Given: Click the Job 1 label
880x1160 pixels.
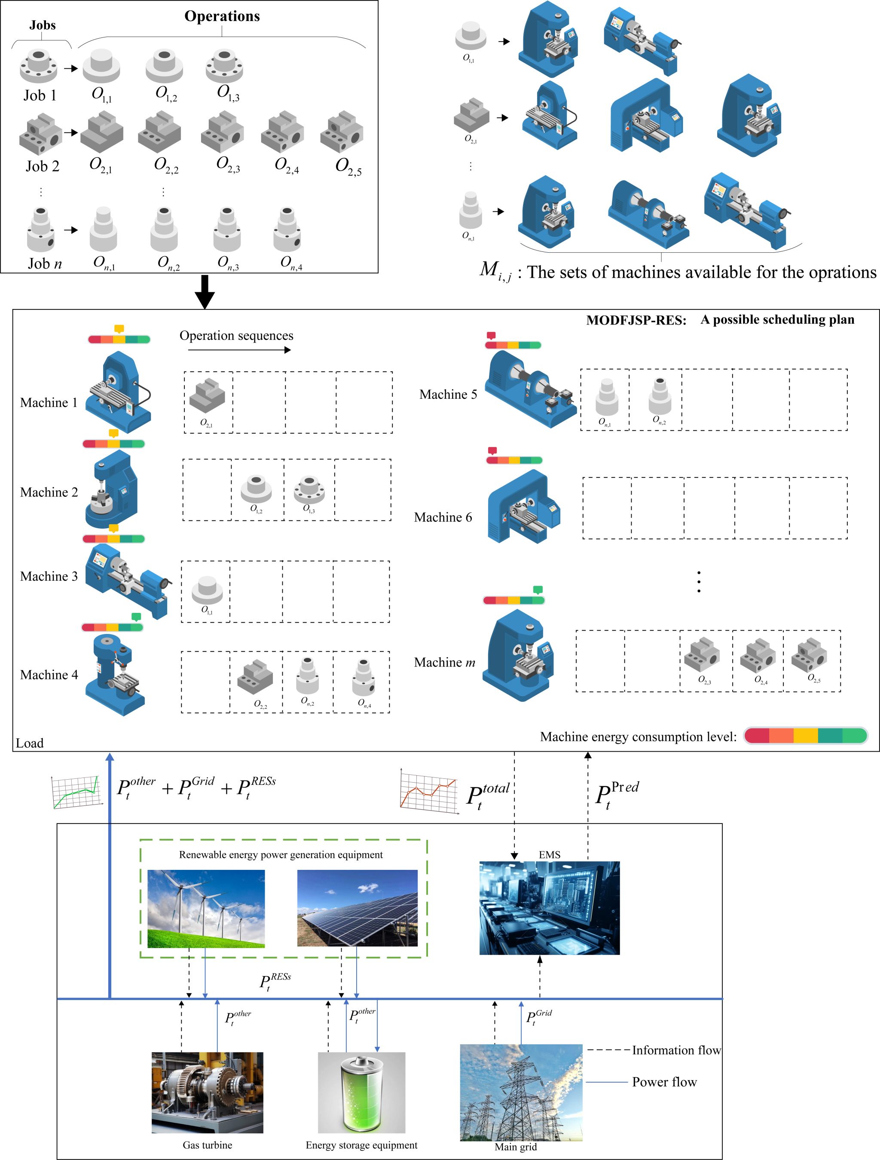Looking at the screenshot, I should [x=40, y=95].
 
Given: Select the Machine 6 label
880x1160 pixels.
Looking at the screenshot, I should [x=443, y=517].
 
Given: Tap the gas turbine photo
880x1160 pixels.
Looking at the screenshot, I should [x=207, y=1093].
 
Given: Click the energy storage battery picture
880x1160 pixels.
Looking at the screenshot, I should [x=361, y=1093].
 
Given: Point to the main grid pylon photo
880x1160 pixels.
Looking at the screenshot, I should [x=521, y=1093].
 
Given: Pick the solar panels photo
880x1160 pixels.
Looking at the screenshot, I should [x=357, y=908].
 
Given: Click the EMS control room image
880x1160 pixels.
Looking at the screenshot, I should [x=549, y=908].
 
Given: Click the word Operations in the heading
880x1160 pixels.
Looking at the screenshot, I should [x=222, y=16].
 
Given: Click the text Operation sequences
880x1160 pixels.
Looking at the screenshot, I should [x=236, y=336].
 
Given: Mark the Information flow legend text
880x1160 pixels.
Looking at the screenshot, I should [x=676, y=1050].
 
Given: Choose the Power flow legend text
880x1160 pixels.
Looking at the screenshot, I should [x=664, y=1082].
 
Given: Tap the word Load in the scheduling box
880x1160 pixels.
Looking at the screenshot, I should [x=30, y=743].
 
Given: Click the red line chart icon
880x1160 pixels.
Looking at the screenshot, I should [x=428, y=791].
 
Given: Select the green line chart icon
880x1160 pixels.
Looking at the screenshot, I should [x=76, y=791].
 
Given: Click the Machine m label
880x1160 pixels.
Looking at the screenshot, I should [x=444, y=662].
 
